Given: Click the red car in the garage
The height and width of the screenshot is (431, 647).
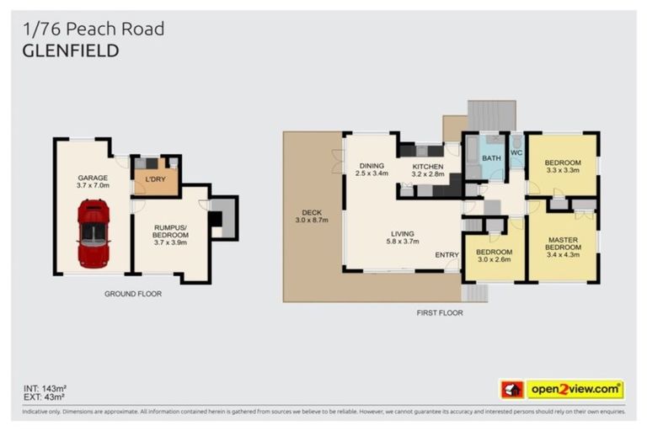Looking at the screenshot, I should tap(93, 232).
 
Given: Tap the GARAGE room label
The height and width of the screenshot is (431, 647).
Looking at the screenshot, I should tap(93, 178).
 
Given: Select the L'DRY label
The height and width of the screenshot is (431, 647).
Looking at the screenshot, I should tap(156, 180).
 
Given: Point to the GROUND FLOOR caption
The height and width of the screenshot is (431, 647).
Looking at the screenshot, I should tap(133, 294).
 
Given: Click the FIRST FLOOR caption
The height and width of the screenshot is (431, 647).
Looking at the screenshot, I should tap(439, 313).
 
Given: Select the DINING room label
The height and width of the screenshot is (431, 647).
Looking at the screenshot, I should tap(372, 166).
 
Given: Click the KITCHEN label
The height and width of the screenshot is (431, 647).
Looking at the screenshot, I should tap(428, 168).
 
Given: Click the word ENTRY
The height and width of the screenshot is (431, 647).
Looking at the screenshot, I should tap(446, 254).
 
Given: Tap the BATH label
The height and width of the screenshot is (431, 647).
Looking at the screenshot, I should tap(490, 157).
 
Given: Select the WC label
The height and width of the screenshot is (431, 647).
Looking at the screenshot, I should tap(516, 152).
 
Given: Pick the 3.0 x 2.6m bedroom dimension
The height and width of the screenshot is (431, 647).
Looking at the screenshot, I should tap(494, 261).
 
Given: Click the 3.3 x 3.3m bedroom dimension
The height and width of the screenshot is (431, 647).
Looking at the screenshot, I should tap(563, 172).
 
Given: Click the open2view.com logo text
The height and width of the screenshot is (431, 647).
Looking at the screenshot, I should tap(575, 390).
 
